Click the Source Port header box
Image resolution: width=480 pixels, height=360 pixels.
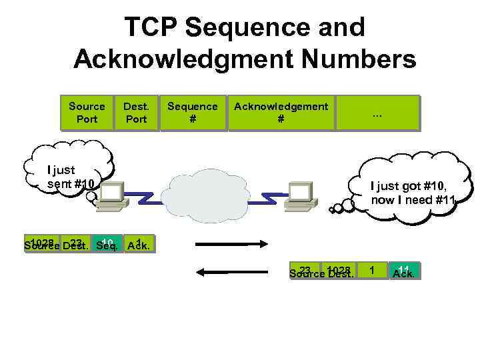pos(87,113)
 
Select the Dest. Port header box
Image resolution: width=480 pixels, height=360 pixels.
pos(136,113)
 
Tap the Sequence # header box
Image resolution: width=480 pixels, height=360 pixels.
pos(192,113)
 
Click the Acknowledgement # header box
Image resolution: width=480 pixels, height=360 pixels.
pos(281,113)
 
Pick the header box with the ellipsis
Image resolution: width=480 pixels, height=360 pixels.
pos(377,113)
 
